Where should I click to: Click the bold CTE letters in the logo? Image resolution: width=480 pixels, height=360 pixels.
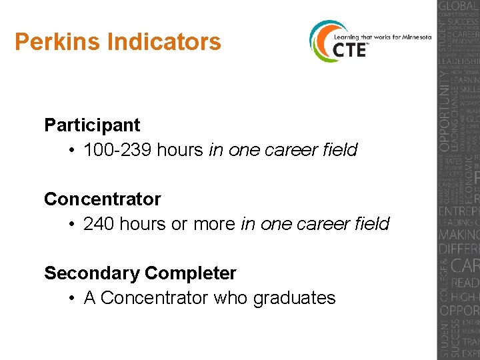click(350, 49)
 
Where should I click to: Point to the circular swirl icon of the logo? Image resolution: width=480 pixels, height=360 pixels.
click(322, 41)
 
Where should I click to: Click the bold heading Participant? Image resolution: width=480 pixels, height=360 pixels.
click(92, 125)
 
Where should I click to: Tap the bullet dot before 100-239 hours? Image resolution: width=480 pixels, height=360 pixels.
click(71, 151)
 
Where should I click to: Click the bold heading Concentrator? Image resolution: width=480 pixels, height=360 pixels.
click(102, 199)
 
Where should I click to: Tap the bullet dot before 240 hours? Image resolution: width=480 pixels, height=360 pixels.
click(71, 225)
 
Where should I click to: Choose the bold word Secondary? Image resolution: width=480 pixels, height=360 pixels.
click(91, 273)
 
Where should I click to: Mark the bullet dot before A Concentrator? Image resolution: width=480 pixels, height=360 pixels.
click(71, 299)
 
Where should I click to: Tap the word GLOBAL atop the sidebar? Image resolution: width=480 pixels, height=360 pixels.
click(459, 8)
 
